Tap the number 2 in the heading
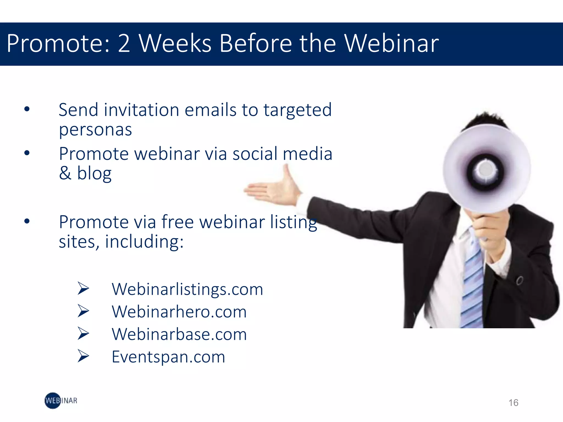pos(124,43)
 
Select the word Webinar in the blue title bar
pos(391,43)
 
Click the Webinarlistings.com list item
pos(187,289)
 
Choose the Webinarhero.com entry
pos(179,312)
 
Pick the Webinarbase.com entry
pos(179,334)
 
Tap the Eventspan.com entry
pos(168,357)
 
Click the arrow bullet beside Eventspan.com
pos(83,356)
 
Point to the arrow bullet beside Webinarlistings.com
pos(83,288)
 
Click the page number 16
pos(513,403)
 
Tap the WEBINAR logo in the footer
pos(61,401)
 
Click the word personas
pos(95,130)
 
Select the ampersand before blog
pos(65,173)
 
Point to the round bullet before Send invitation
pos(27,109)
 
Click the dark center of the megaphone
pos(485,171)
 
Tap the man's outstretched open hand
pos(275,190)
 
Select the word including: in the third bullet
pos(144,242)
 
